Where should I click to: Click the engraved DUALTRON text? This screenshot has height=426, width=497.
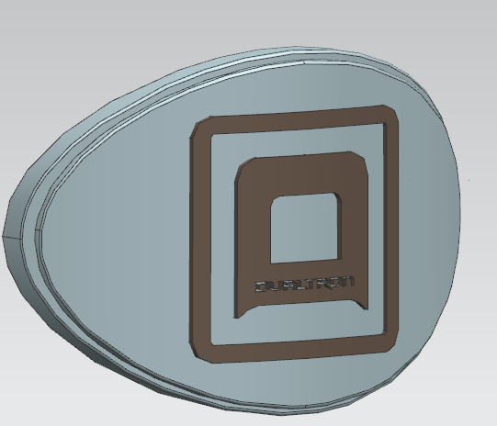tap(304, 285)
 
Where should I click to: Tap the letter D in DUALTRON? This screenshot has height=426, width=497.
tap(261, 286)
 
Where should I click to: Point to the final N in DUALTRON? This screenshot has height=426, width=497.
tap(348, 282)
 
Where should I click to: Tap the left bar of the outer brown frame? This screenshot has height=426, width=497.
tap(198, 239)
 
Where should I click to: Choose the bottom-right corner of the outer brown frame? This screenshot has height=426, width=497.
tap(392, 343)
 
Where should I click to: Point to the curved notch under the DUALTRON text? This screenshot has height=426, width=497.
tap(303, 306)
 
